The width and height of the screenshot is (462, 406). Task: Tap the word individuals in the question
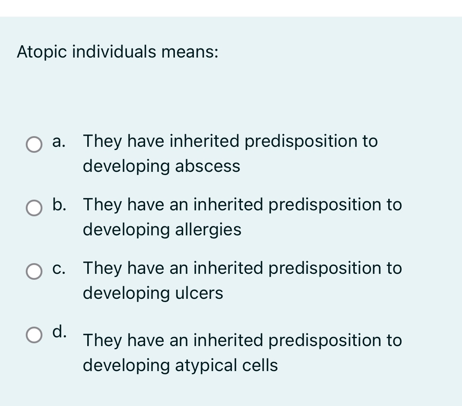pyautogui.click(x=114, y=52)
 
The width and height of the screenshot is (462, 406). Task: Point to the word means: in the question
pyautogui.click(x=190, y=52)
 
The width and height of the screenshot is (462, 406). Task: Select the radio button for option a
pyautogui.click(x=34, y=144)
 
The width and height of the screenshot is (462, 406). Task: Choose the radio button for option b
pyautogui.click(x=34, y=208)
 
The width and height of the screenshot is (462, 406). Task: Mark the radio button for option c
pyautogui.click(x=34, y=271)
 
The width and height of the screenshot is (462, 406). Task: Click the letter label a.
pyautogui.click(x=59, y=141)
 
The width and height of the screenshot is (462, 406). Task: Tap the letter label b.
pyautogui.click(x=59, y=205)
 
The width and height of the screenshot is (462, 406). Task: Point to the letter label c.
pyautogui.click(x=59, y=268)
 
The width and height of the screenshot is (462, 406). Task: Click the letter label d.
pyautogui.click(x=59, y=331)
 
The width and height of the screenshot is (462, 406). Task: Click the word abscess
pyautogui.click(x=207, y=166)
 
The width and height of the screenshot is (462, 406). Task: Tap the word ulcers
pyautogui.click(x=199, y=293)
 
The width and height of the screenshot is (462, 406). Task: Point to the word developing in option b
pyautogui.click(x=127, y=230)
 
